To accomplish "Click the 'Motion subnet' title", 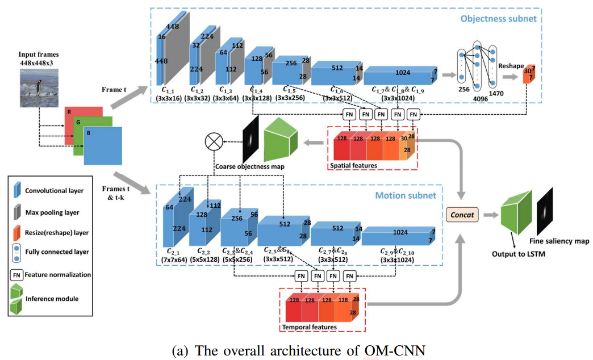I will point(405,195).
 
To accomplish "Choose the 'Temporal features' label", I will point(309,327).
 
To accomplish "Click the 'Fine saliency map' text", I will point(559,241).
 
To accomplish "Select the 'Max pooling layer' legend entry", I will point(51,213).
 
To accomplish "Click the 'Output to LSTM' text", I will point(518,253).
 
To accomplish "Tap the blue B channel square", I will point(103,145).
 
